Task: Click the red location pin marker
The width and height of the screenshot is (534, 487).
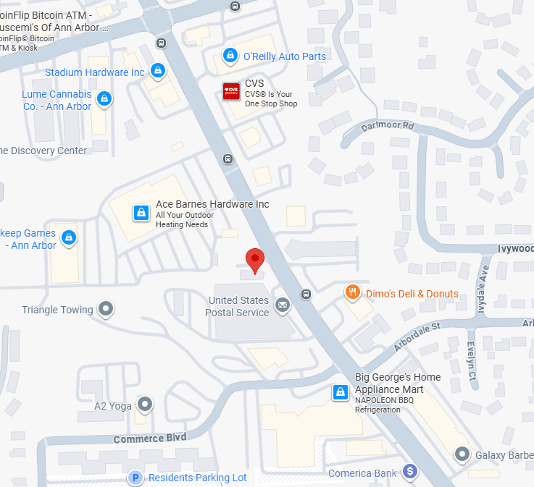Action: (254, 259)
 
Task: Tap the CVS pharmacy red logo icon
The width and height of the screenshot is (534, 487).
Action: (231, 92)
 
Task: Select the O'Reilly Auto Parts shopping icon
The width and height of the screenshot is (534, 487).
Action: (230, 55)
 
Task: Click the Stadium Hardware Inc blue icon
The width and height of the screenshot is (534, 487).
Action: (157, 71)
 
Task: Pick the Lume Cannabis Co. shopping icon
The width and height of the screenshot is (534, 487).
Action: (104, 98)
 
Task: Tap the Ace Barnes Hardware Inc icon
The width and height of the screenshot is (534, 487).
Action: (141, 213)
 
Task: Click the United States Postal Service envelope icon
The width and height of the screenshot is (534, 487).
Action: (282, 305)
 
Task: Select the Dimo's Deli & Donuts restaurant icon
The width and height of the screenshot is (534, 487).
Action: (353, 292)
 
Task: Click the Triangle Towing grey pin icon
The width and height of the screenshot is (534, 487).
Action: (107, 310)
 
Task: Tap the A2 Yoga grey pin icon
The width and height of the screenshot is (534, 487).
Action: (146, 405)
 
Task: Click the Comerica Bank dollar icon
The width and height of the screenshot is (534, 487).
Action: (410, 472)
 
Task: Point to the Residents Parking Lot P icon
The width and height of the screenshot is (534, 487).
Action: (135, 478)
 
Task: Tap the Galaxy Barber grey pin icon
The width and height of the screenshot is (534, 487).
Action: (462, 454)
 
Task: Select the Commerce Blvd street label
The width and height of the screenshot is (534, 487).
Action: (150, 439)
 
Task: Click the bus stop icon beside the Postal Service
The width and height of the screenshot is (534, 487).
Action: (306, 294)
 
